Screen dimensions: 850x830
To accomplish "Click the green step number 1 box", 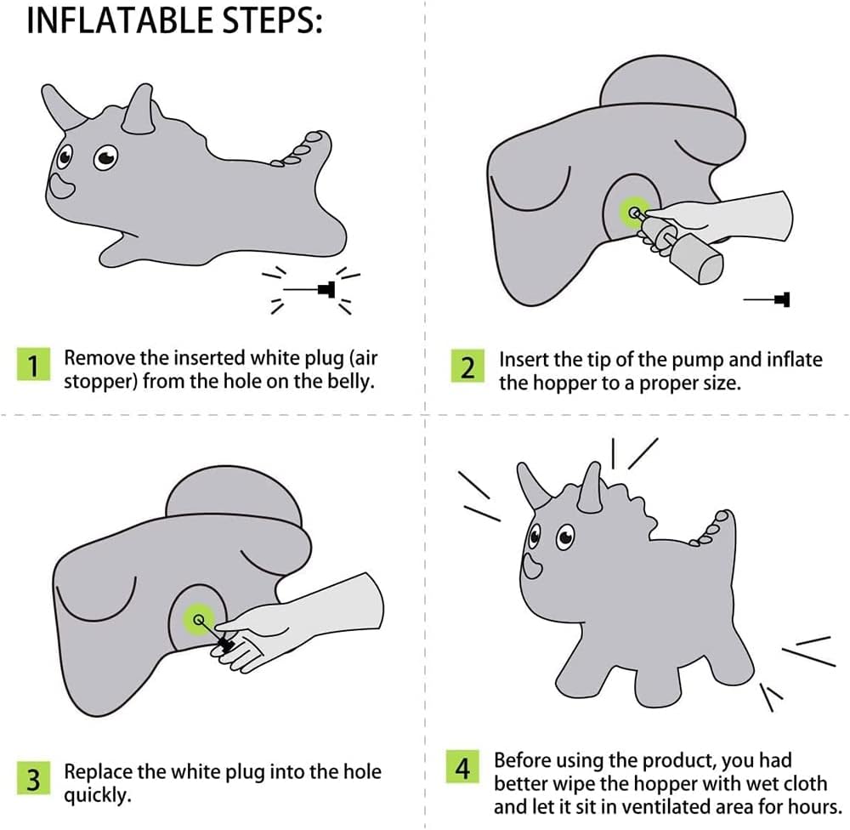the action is [34, 365].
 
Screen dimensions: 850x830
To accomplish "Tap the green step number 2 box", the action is [467, 367].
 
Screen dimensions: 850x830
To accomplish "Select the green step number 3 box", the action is [34, 778].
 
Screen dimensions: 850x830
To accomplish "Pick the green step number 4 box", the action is [462, 766].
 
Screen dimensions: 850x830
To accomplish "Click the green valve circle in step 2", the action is [633, 212].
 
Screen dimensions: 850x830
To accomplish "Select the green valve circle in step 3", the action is [198, 619].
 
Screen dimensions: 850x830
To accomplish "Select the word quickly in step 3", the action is [98, 796].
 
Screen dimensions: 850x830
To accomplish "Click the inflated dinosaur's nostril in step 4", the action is [532, 566].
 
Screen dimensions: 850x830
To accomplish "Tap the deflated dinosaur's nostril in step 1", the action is [61, 186].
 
